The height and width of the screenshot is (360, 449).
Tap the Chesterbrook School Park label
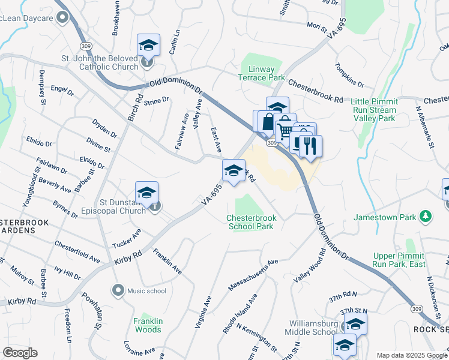click(x=250, y=222)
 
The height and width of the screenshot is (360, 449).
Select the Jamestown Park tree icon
click(x=426, y=216)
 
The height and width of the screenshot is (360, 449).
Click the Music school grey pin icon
click(x=118, y=290)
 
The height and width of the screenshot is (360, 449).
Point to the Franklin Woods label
click(x=148, y=325)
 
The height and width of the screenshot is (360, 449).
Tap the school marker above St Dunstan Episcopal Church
click(x=146, y=193)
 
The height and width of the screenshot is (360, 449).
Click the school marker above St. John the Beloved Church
click(x=148, y=46)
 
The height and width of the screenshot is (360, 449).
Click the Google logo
click(x=20, y=353)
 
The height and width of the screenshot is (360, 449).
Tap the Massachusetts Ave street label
click(x=253, y=274)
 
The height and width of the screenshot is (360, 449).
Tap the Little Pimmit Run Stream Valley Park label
click(x=373, y=110)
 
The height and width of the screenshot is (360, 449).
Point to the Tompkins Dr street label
click(x=350, y=74)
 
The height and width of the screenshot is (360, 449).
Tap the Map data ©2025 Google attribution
click(x=411, y=355)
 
